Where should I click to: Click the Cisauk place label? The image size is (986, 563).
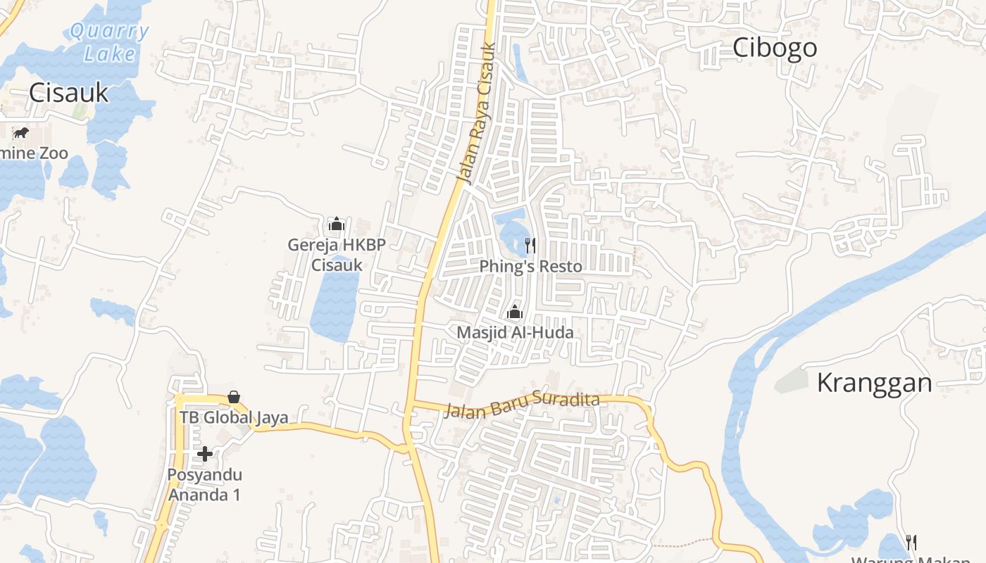click(x=69, y=93)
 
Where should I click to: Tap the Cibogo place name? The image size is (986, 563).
click(x=775, y=48)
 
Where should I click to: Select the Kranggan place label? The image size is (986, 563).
click(x=874, y=383)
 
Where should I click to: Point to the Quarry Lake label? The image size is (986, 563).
click(x=110, y=42)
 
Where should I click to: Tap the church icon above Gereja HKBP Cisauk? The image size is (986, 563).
click(x=337, y=224)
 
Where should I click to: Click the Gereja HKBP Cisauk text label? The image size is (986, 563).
click(x=337, y=255)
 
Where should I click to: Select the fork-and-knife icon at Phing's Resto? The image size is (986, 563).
click(x=530, y=246)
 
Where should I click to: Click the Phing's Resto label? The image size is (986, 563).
click(x=530, y=267)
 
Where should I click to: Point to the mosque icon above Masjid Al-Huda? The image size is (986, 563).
click(x=515, y=312)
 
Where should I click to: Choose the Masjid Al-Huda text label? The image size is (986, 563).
click(x=515, y=332)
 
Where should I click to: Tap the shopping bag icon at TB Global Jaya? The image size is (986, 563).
click(x=234, y=398)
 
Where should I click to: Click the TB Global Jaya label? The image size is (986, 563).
click(x=234, y=417)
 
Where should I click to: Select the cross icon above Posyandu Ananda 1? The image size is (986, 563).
click(x=205, y=454)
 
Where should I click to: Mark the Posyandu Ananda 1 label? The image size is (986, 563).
click(x=204, y=484)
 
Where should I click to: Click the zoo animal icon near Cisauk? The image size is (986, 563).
click(x=20, y=132)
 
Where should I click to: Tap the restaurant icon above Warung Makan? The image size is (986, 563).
click(x=911, y=541)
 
